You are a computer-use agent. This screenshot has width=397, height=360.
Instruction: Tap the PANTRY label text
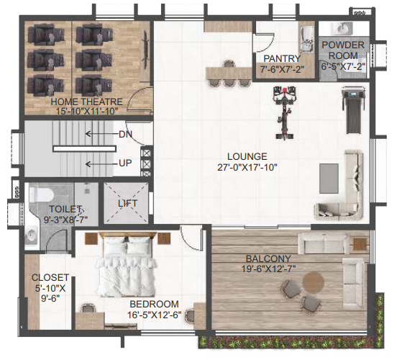coord(281,58)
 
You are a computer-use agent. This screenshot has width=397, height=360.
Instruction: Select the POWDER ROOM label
coord(343,50)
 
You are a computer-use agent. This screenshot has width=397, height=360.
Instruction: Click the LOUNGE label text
coord(247,156)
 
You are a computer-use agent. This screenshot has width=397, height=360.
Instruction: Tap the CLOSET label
coord(50,277)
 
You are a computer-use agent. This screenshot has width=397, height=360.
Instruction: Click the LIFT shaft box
coord(127,203)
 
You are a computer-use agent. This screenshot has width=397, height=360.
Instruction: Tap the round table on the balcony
coord(313,284)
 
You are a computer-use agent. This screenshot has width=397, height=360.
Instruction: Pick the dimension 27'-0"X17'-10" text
coord(247,167)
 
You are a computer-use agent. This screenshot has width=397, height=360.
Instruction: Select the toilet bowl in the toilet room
coord(42,194)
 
